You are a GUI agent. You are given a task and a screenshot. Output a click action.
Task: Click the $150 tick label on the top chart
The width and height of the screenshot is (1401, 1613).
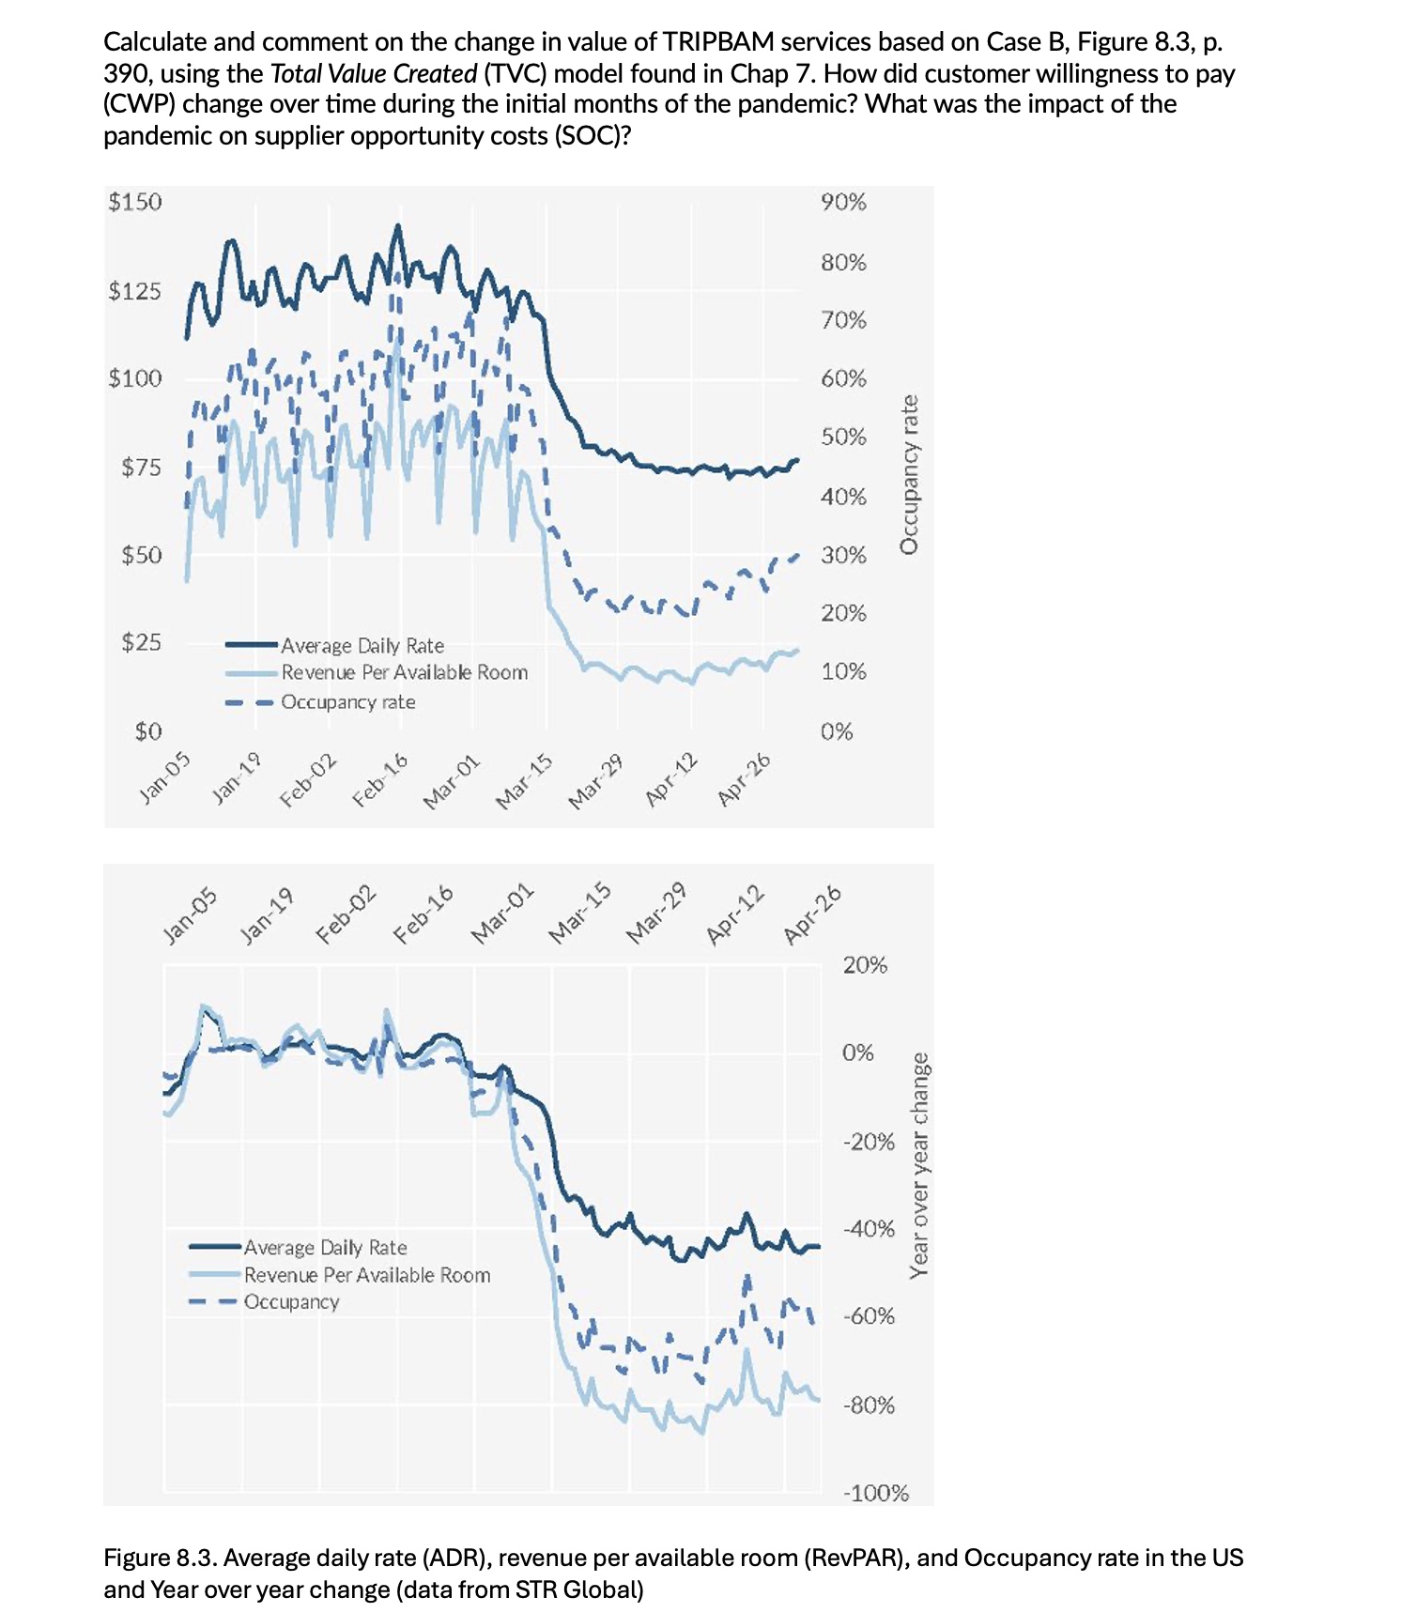pyautogui.click(x=135, y=203)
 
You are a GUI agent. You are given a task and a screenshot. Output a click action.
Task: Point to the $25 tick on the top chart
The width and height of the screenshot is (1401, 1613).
pyautogui.click(x=141, y=643)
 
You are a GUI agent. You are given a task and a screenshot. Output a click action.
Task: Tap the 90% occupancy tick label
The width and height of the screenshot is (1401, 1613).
pyautogui.click(x=843, y=203)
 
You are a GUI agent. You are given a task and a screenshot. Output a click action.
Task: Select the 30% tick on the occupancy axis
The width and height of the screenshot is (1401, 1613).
pyautogui.click(x=843, y=555)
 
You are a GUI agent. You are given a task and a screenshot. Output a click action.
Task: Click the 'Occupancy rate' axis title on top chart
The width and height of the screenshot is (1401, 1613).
pyautogui.click(x=908, y=474)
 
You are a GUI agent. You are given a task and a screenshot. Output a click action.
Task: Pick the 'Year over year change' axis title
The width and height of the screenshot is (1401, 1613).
pyautogui.click(x=919, y=1165)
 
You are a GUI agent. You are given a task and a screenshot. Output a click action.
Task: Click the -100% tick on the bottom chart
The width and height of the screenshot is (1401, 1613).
pyautogui.click(x=875, y=1493)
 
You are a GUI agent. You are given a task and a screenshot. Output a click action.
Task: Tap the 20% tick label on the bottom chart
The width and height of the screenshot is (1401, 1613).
pyautogui.click(x=864, y=965)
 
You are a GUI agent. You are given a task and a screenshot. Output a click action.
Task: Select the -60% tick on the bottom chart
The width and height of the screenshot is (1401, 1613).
pyautogui.click(x=869, y=1316)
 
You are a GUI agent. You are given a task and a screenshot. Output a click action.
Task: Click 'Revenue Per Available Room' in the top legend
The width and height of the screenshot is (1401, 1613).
pyautogui.click(x=404, y=673)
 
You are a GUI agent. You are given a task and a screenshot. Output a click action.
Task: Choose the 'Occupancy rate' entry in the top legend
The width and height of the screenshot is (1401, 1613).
pyautogui.click(x=347, y=702)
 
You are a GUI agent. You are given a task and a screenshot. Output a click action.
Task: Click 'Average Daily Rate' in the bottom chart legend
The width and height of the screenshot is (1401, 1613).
pyautogui.click(x=325, y=1248)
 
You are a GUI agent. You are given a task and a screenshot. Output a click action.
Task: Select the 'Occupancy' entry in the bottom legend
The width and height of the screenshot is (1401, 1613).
pyautogui.click(x=291, y=1302)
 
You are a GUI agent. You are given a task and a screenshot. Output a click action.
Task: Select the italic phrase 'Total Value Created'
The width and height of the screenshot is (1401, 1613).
pyautogui.click(x=373, y=74)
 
